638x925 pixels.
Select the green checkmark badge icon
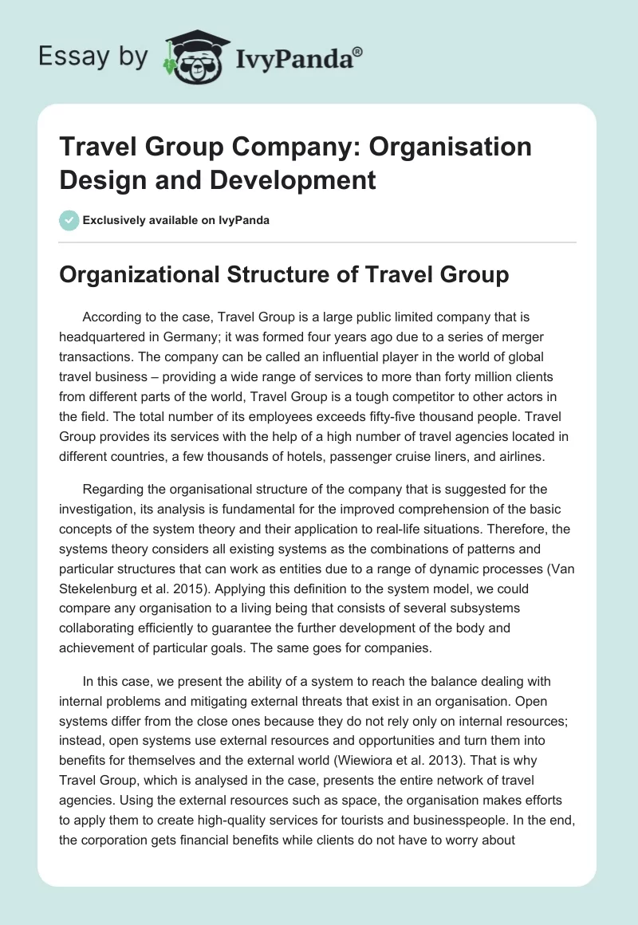[69, 220]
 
